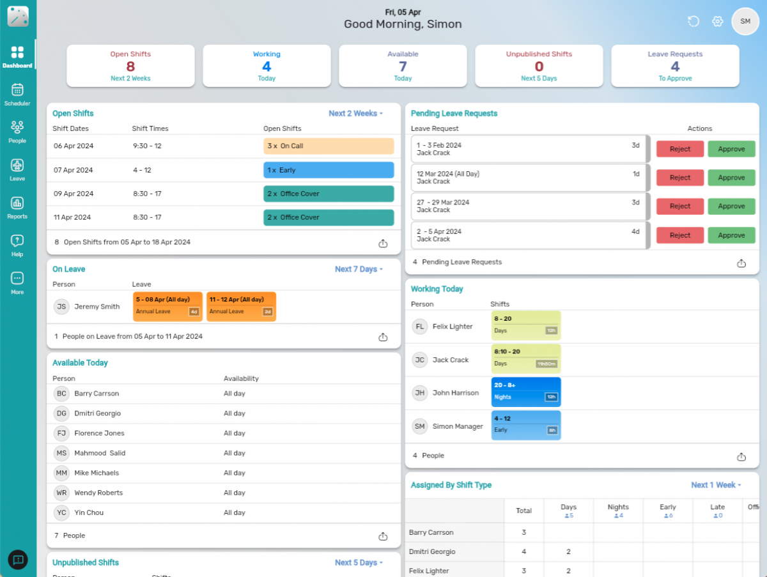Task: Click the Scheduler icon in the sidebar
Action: pyautogui.click(x=17, y=93)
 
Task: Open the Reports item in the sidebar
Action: pyautogui.click(x=17, y=206)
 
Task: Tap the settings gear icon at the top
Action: pyautogui.click(x=717, y=22)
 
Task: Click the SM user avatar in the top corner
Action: pyautogui.click(x=745, y=22)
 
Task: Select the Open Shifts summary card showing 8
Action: pyautogui.click(x=130, y=66)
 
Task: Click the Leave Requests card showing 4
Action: pyautogui.click(x=675, y=66)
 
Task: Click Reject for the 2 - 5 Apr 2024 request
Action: pyautogui.click(x=679, y=235)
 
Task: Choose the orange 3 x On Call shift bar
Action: pyautogui.click(x=329, y=146)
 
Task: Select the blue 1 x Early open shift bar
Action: pyautogui.click(x=329, y=170)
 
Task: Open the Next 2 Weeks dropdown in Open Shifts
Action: pyautogui.click(x=355, y=114)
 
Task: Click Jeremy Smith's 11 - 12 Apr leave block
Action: pyautogui.click(x=241, y=306)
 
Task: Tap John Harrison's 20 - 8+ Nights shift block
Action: pyautogui.click(x=525, y=392)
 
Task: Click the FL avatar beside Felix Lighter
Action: pyautogui.click(x=420, y=327)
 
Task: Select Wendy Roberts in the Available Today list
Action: pyautogui.click(x=98, y=493)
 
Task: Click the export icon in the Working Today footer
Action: pyautogui.click(x=741, y=457)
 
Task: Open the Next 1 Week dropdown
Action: pyautogui.click(x=716, y=485)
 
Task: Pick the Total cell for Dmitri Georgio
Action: pyautogui.click(x=523, y=551)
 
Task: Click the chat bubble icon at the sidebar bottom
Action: pyautogui.click(x=18, y=560)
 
